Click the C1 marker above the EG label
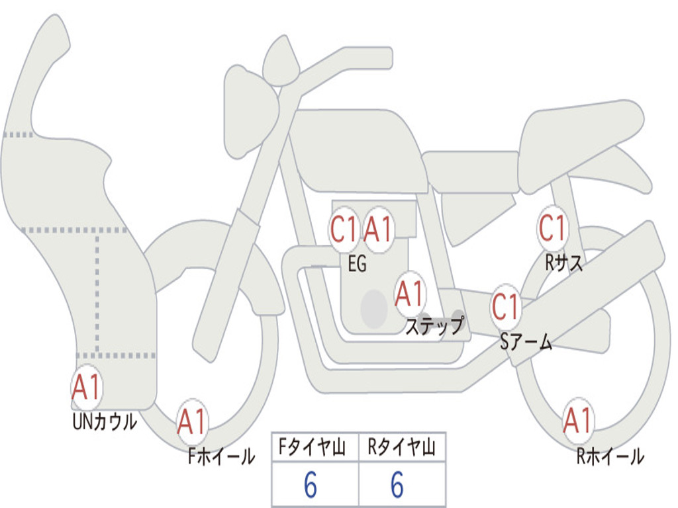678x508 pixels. coord(344,230)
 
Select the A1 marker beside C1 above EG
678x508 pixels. coord(379,230)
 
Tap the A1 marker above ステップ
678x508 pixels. coord(410,294)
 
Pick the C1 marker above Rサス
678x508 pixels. coord(552,228)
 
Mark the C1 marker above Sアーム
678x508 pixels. coord(507,307)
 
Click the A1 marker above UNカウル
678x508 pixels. coord(86,388)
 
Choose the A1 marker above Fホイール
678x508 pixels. coord(192,422)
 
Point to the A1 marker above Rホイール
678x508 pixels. coord(578,421)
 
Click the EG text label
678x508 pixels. coord(356,265)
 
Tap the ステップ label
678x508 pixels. coord(434,326)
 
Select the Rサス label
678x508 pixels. coord(564,263)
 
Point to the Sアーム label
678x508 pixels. coord(526,343)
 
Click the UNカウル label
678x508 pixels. coord(104,421)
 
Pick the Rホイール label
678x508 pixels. coord(610,456)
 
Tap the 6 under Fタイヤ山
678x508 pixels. coord(311,486)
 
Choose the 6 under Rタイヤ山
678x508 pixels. coord(397,486)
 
